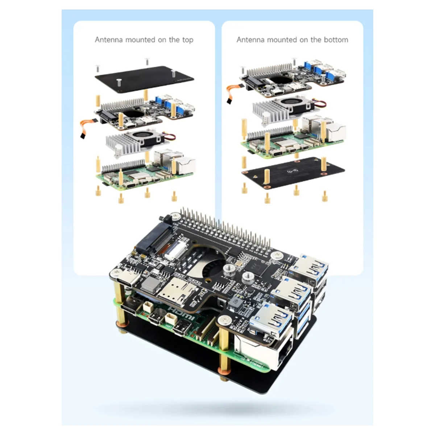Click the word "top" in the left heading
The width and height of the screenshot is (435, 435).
click(x=187, y=40)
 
